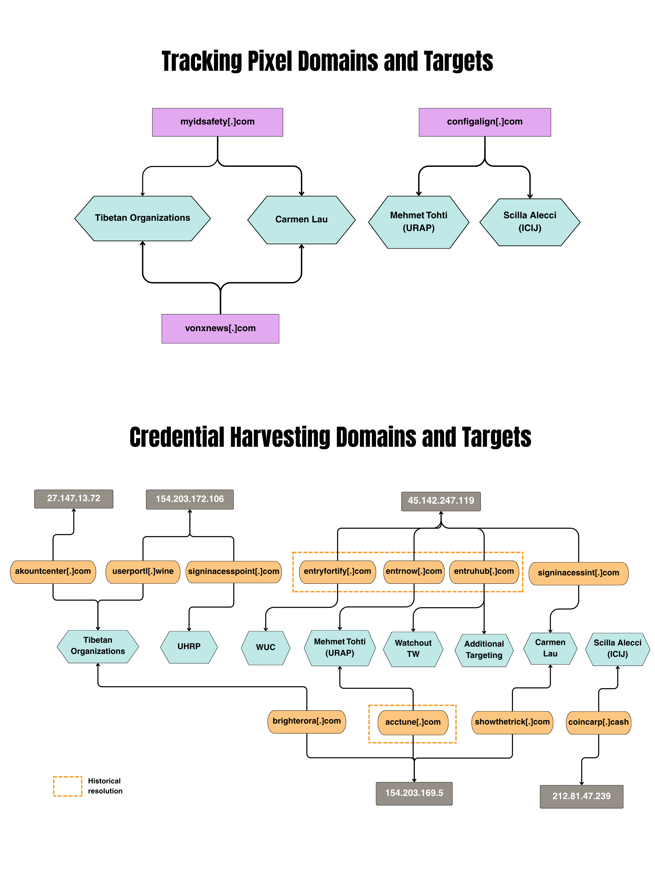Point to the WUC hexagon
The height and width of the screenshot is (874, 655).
click(x=265, y=647)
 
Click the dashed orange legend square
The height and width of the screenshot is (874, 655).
click(x=68, y=786)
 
